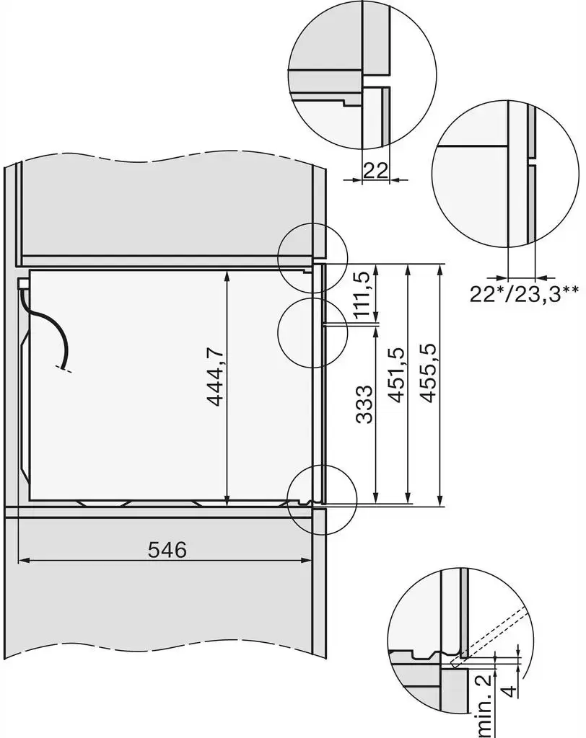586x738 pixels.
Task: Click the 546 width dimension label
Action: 167,549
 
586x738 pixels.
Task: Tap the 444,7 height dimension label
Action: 215,376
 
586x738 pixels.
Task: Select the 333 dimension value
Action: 364,404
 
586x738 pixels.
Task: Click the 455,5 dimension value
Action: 428,373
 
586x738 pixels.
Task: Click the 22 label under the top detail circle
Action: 376,170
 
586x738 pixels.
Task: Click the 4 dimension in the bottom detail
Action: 509,691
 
